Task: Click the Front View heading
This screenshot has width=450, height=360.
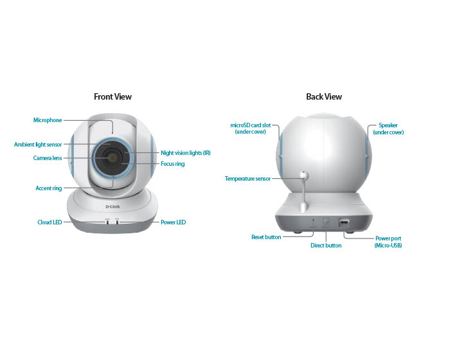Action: (113, 96)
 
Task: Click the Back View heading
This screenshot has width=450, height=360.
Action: (324, 96)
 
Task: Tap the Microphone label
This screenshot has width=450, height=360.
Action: (48, 120)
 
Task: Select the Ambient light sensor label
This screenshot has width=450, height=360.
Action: (38, 145)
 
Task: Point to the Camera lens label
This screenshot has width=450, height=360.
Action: (48, 158)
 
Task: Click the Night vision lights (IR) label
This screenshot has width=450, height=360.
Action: (186, 153)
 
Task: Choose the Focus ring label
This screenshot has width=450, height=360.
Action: (173, 164)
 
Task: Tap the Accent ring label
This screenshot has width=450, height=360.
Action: (49, 188)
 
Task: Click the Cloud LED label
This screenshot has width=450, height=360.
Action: (50, 222)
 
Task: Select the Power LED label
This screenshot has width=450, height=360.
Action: (174, 222)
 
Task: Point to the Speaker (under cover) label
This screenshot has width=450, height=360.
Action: (388, 129)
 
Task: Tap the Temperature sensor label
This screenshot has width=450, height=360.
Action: (248, 179)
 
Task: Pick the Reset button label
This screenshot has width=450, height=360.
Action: (266, 237)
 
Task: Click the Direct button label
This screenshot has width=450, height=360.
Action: (326, 246)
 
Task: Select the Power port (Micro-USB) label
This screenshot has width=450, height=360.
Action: (388, 242)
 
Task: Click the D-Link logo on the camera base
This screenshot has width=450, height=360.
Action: (113, 207)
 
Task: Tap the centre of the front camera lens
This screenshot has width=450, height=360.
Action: (112, 157)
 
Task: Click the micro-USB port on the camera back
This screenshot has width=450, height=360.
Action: (343, 222)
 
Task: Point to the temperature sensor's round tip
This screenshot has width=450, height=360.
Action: (303, 175)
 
